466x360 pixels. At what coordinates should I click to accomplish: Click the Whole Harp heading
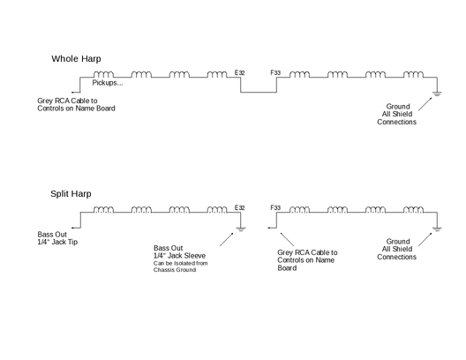76,59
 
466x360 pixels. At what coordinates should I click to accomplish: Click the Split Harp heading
71,194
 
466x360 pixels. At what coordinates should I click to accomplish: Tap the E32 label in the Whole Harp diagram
239,72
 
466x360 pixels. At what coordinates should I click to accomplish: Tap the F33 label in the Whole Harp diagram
275,72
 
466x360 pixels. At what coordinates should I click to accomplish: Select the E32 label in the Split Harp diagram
239,207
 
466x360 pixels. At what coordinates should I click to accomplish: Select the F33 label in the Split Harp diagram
275,207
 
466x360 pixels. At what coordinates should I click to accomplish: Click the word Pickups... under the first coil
108,83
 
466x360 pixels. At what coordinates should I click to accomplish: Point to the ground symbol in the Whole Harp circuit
437,94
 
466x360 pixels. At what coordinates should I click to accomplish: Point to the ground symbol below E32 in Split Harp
240,229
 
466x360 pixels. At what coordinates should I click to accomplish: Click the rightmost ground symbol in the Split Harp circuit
437,229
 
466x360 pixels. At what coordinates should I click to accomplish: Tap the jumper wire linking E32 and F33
259,92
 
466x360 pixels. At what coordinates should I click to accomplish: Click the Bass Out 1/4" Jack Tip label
57,238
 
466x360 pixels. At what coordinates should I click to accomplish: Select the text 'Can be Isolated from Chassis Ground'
181,266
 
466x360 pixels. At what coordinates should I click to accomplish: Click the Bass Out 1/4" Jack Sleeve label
179,251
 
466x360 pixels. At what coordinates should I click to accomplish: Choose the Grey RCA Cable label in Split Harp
307,260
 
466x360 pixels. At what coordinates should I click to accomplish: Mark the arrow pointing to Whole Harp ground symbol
425,104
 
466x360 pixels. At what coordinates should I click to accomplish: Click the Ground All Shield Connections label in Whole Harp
397,114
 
